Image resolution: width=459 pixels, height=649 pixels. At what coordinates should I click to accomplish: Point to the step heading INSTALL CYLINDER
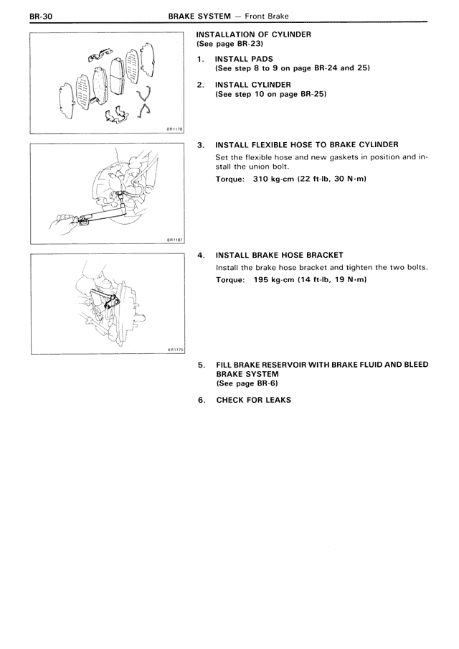pos(250,85)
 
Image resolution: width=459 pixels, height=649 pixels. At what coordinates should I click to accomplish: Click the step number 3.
pos(201,144)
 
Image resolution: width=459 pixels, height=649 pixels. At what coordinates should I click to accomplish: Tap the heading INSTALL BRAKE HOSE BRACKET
pos(279,255)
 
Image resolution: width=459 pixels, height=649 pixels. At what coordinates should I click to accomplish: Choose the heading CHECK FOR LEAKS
pos(253,400)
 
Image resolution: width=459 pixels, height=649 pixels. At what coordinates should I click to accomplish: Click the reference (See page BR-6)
pos(247,383)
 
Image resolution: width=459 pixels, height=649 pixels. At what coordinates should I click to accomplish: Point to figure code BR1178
pos(175,129)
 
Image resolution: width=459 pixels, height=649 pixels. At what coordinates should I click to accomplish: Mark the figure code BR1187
pos(175,241)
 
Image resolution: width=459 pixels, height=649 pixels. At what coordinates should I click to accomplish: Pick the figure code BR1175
pos(175,350)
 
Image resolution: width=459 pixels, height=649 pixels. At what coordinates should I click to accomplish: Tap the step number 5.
pos(201,365)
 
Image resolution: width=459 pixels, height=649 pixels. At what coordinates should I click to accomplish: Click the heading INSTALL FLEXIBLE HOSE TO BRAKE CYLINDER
pos(307,144)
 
